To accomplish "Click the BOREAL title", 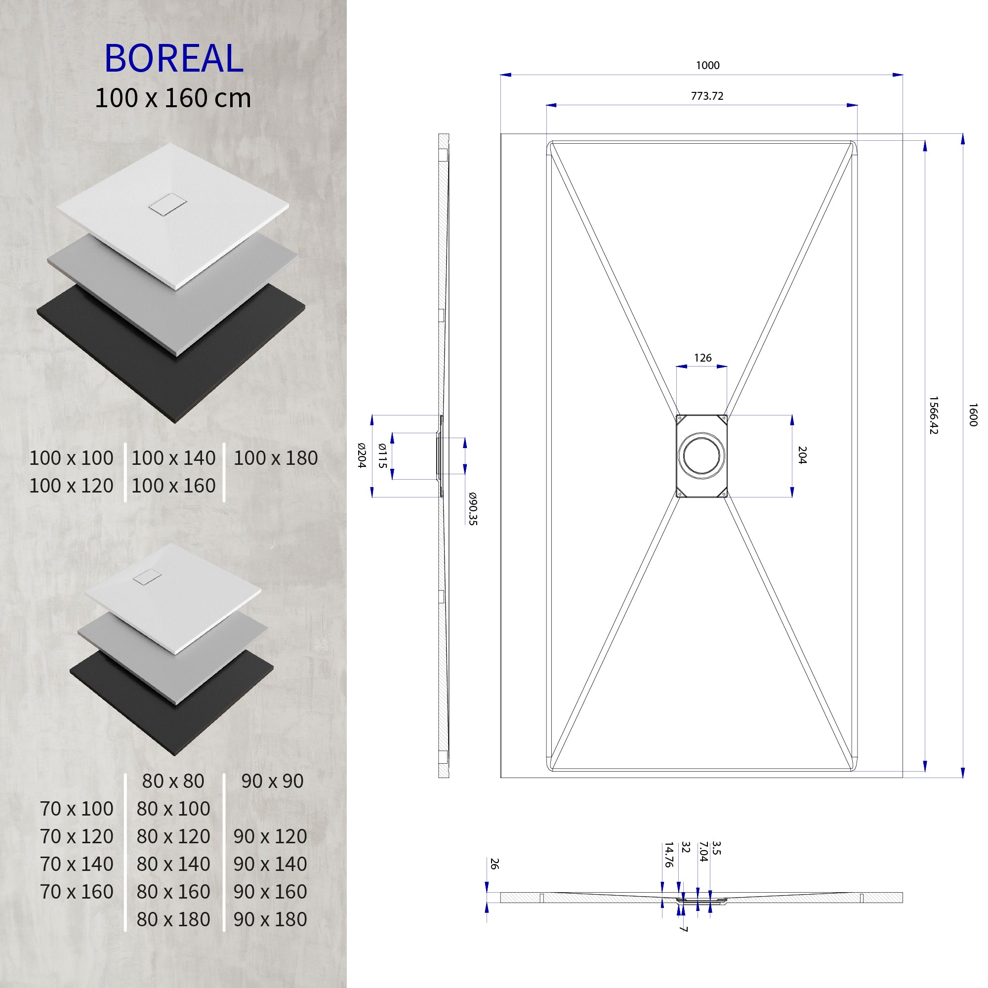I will point(173,58).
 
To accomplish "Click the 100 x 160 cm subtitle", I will point(173,98).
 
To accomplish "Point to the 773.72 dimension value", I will point(707,96).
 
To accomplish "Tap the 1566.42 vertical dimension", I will point(933,415).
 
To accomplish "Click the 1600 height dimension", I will point(973,415).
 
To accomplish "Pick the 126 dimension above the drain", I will point(702,358).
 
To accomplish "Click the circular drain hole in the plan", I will point(701,455).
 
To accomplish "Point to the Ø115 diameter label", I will point(382,455).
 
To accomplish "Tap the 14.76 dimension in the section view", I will point(668,855).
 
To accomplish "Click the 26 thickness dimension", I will point(494,864).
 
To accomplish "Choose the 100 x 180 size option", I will point(276,458).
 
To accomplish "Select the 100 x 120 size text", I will point(71,486).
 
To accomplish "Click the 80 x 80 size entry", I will point(173,781).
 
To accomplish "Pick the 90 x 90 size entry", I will point(272,781).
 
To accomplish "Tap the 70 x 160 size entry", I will point(77,891).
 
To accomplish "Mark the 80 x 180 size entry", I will point(173,919).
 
